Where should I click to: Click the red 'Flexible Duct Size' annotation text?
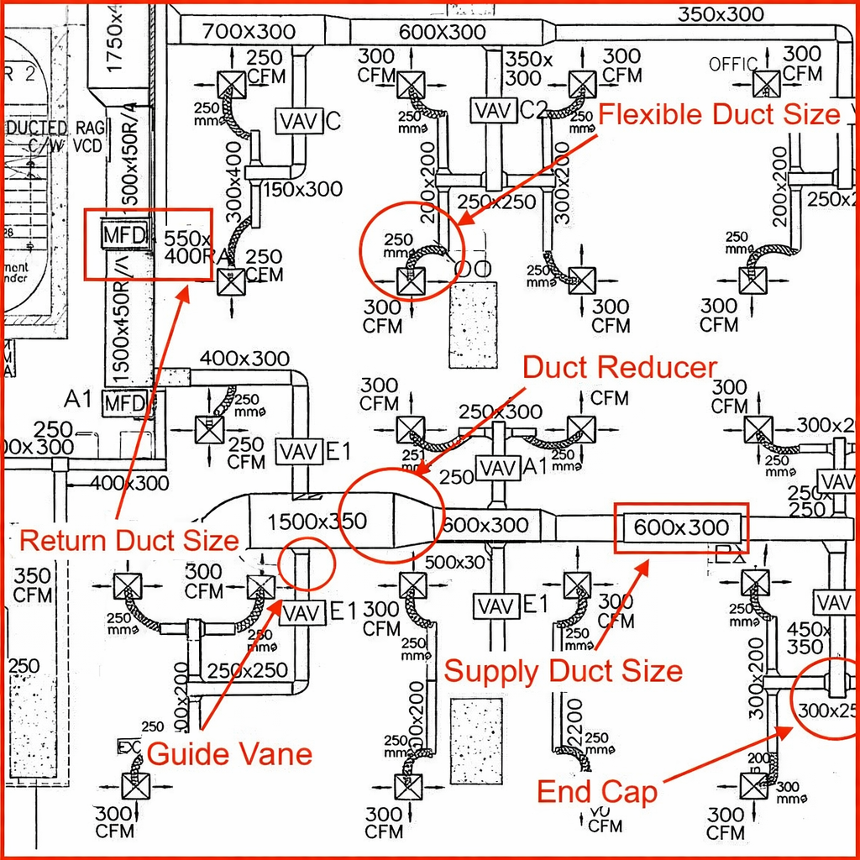(x=720, y=114)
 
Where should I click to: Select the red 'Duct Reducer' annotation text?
(x=620, y=368)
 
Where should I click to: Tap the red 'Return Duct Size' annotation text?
(x=128, y=540)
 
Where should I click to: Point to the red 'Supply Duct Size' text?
(x=563, y=671)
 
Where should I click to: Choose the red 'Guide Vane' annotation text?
(x=229, y=753)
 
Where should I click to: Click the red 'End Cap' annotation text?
(x=596, y=791)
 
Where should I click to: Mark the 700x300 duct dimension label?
(x=238, y=32)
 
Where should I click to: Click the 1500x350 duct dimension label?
(x=317, y=522)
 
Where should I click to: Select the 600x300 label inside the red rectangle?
(x=681, y=528)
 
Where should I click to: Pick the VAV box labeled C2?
(x=494, y=110)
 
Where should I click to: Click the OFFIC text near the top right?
(x=732, y=65)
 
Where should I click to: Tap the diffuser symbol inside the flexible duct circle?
(x=412, y=281)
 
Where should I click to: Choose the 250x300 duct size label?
(x=501, y=412)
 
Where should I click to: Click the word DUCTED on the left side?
(x=35, y=128)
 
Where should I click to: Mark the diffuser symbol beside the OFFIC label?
(x=766, y=84)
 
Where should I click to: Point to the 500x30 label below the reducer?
(x=455, y=562)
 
